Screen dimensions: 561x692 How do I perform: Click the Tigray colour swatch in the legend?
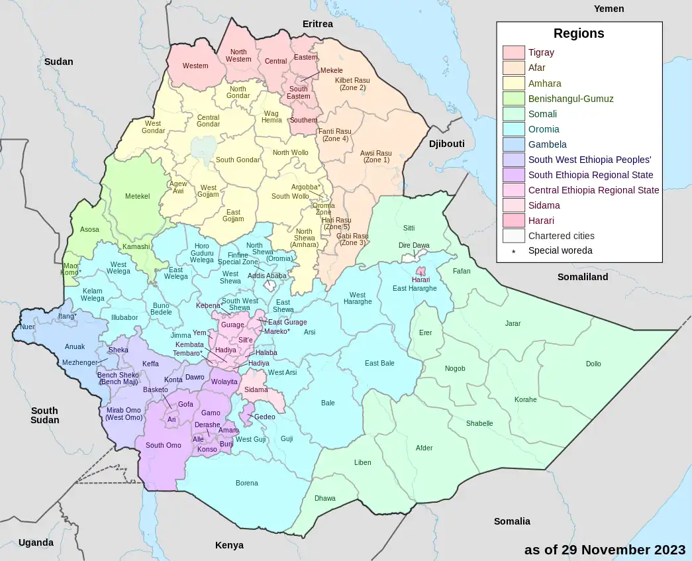click(513, 53)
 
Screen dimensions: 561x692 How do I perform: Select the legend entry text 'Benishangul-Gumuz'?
click(570, 99)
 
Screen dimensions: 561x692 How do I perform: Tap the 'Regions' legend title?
click(579, 34)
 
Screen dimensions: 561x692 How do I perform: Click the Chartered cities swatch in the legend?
click(513, 236)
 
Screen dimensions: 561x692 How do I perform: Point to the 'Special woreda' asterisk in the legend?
click(513, 252)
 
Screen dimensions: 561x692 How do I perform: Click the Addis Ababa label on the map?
click(267, 276)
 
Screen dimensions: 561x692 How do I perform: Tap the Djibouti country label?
click(446, 144)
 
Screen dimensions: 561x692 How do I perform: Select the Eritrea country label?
click(317, 24)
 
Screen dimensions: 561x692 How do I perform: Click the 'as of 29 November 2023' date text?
click(605, 550)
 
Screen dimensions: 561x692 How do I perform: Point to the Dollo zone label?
click(593, 364)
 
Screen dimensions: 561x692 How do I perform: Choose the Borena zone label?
click(247, 484)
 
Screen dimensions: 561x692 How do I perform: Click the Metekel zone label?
click(137, 197)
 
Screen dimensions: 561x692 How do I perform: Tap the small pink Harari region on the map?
click(420, 272)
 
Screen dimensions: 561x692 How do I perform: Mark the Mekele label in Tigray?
click(331, 70)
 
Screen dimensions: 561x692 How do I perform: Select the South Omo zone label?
click(164, 445)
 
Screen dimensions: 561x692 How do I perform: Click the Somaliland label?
click(582, 277)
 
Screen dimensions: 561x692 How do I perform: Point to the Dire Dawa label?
click(414, 246)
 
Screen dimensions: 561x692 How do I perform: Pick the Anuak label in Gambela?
click(75, 346)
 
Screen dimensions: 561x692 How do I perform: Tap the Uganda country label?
click(36, 542)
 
